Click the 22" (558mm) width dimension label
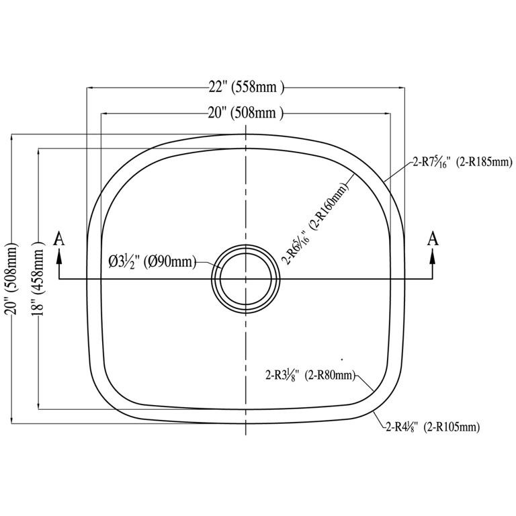point(246,87)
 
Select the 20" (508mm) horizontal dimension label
point(245,113)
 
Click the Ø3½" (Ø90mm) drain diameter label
point(153,262)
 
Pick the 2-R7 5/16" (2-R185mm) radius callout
point(462,162)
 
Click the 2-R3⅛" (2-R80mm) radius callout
point(310,375)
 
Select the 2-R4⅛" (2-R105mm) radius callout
point(433,427)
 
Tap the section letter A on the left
point(59,239)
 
